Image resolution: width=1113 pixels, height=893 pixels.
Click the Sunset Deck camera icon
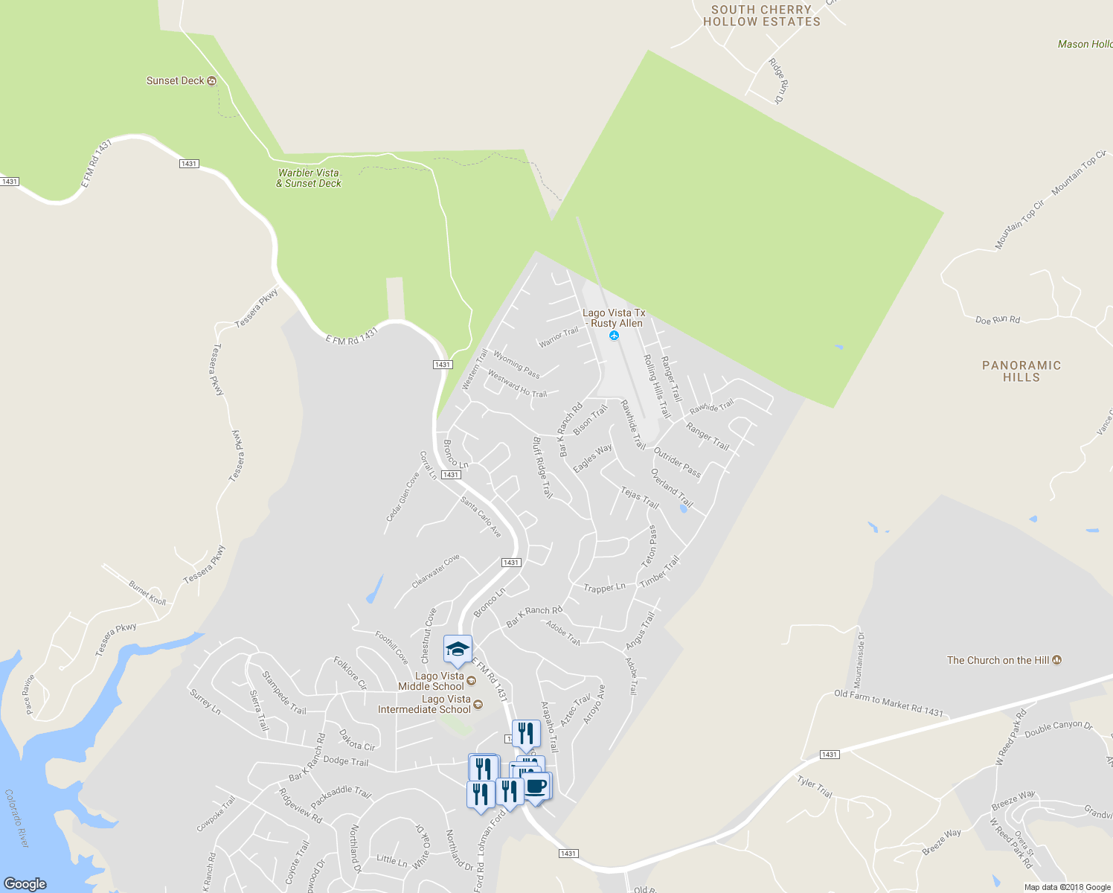click(x=212, y=81)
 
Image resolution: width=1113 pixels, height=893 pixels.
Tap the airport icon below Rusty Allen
click(x=614, y=336)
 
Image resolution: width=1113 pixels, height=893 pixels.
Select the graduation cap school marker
click(x=458, y=650)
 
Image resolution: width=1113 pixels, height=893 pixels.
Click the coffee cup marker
click(x=536, y=787)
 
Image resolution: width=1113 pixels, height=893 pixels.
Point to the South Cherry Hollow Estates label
click(x=762, y=16)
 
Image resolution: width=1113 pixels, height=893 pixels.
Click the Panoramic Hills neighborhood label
click(x=1021, y=371)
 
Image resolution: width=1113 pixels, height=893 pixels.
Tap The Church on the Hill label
click(x=998, y=660)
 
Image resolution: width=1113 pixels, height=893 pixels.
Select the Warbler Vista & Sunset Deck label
click(x=309, y=178)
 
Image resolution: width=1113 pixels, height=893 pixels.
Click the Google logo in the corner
click(x=25, y=883)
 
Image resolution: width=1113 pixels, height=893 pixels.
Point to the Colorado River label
click(x=16, y=818)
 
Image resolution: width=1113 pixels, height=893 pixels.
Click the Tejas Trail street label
click(x=640, y=497)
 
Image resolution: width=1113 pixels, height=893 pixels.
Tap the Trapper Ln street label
click(x=604, y=588)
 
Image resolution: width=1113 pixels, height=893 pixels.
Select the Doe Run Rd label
click(x=997, y=320)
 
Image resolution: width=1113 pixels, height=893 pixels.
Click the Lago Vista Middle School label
click(x=431, y=681)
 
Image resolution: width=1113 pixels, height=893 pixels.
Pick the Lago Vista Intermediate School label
click(x=425, y=704)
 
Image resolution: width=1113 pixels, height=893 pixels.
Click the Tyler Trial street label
click(x=815, y=786)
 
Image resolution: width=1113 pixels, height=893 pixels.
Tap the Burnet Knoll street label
click(x=147, y=593)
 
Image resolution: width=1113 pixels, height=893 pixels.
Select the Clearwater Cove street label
click(x=436, y=571)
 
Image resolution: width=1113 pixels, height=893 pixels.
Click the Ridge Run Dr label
click(x=778, y=80)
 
